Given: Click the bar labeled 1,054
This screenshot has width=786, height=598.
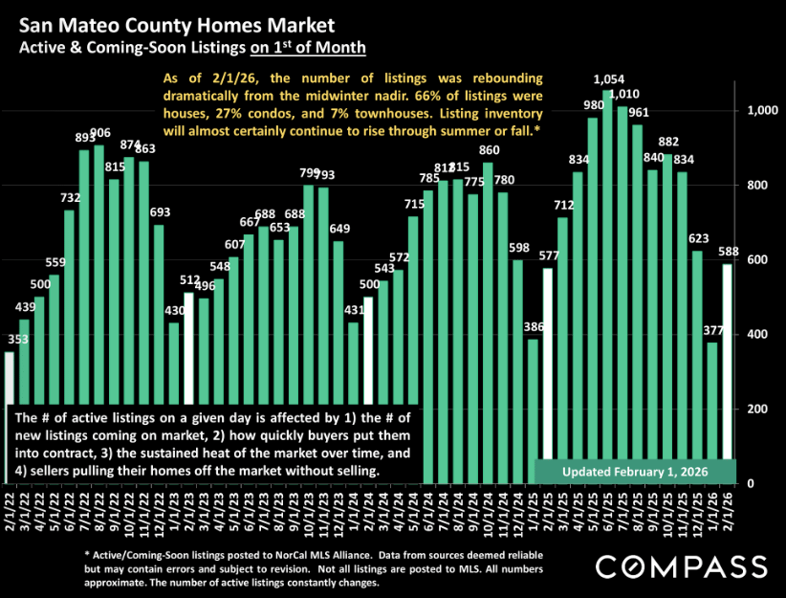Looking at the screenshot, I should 607,287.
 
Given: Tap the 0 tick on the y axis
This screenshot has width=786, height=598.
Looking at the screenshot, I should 750,484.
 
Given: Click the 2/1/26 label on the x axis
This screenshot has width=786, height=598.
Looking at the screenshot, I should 728,518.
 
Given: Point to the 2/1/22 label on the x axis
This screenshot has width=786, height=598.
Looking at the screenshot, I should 10,518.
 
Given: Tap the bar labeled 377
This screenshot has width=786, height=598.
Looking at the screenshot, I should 711,411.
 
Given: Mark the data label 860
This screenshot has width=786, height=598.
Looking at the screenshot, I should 489,151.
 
